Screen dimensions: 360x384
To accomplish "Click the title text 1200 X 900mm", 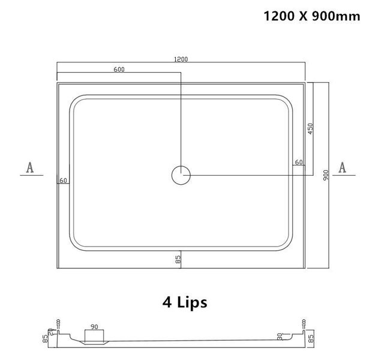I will pos(313,16).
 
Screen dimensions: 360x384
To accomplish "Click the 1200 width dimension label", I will pos(181,59).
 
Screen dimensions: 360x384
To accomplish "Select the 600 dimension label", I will pos(119,70).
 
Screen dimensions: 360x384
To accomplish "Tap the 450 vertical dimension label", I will pos(310,128).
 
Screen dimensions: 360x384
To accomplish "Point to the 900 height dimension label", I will pos(325,175).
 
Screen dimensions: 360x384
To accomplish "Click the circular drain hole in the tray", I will pos(181,175).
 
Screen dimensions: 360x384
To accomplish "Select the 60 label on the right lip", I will pos(298,163).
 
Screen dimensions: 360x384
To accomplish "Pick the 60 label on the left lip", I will pos(64,181).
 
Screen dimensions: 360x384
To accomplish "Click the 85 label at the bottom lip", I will pos(178,260).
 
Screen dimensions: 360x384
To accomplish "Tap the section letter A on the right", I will pos(343,167).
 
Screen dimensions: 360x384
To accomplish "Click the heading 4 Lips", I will pos(184,302).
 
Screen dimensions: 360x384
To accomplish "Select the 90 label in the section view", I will pos(94,327).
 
